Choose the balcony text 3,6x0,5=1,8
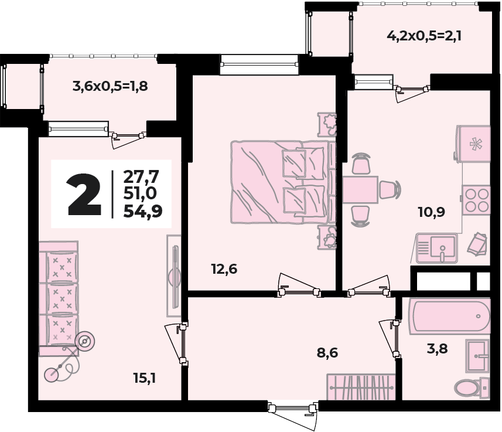pyautogui.click(x=110, y=86)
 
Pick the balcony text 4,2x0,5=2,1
pyautogui.click(x=425, y=36)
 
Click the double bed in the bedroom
pyautogui.click(x=281, y=182)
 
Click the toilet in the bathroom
pyautogui.click(x=471, y=387)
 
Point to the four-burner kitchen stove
pyautogui.click(x=476, y=199)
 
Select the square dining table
pyautogui.click(x=360, y=189)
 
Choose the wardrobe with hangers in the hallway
pyautogui.click(x=361, y=386)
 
